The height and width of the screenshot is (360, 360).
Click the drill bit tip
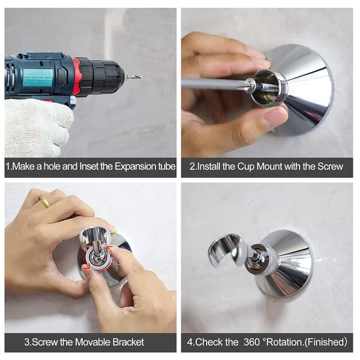tap(142, 77)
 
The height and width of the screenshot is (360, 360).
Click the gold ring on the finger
tap(46, 202)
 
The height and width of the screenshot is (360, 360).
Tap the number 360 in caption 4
tap(252, 342)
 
